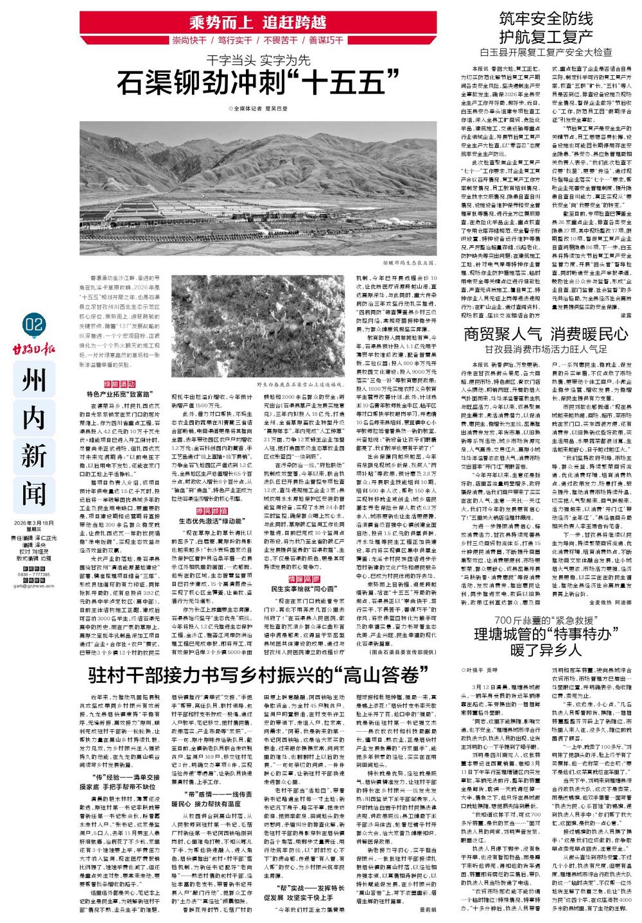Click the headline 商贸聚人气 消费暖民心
coord(546,334)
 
